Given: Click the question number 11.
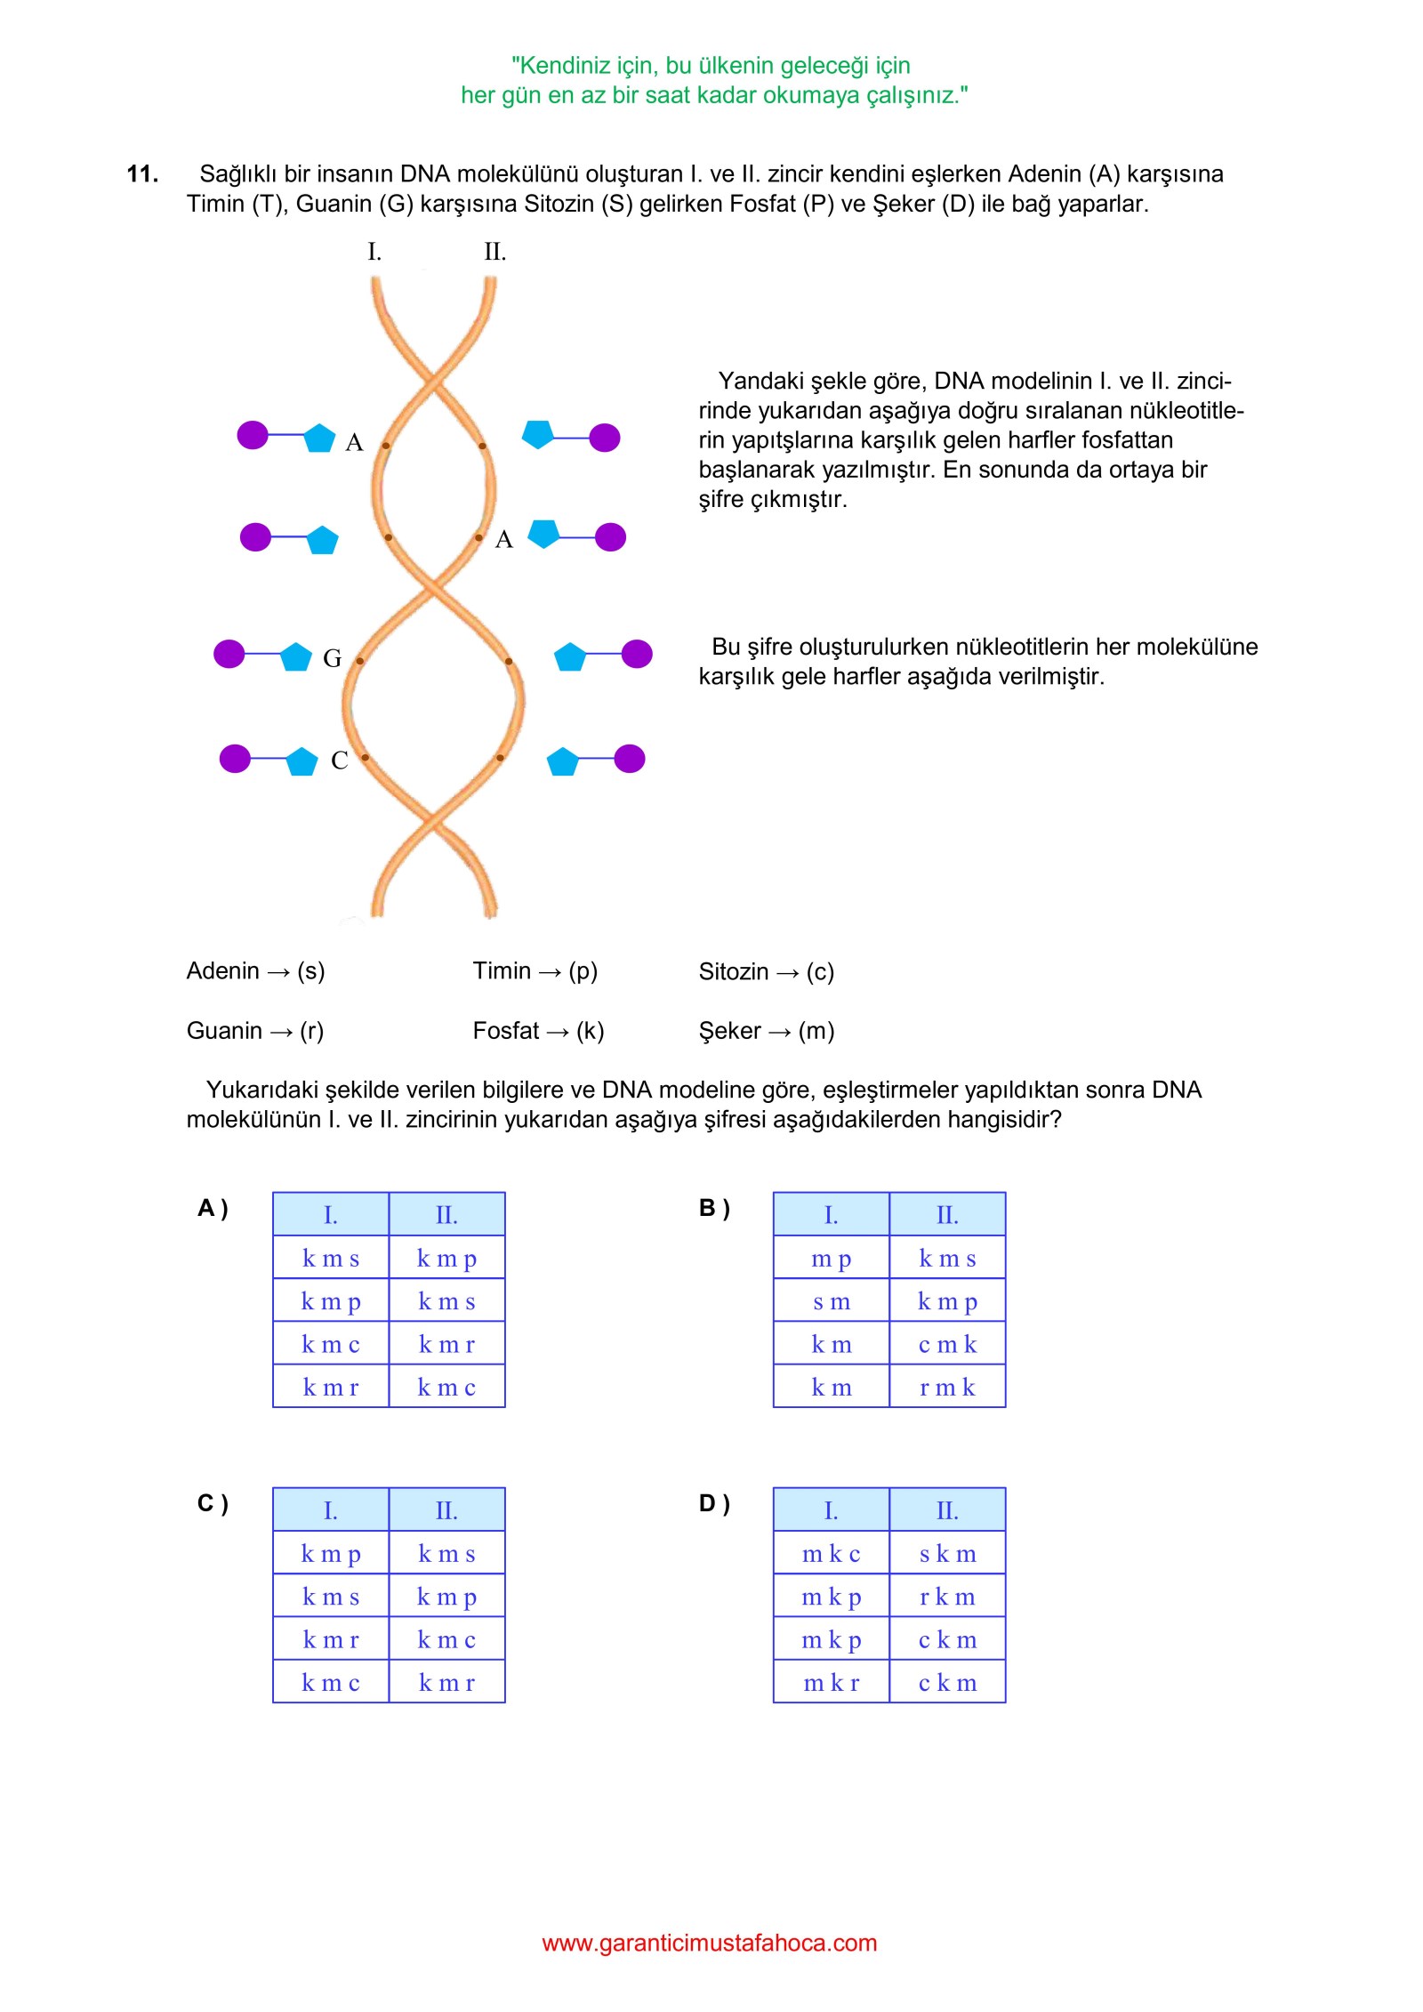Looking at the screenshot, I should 142,173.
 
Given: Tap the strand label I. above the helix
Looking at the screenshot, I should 374,253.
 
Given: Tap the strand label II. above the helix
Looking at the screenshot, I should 494,253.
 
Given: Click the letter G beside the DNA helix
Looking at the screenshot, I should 332,658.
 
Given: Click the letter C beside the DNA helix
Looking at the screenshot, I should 339,761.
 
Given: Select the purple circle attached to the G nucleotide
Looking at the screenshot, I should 229,654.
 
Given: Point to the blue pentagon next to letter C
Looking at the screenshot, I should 301,761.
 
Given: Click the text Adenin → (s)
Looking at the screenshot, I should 255,970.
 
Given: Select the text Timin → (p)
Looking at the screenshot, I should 535,970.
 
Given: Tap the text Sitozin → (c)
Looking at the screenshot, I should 766,971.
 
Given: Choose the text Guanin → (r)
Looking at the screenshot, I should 254,1030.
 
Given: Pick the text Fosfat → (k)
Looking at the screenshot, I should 538,1030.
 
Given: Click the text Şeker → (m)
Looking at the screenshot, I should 766,1030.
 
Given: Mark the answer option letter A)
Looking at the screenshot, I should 213,1208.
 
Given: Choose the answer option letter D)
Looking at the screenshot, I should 714,1503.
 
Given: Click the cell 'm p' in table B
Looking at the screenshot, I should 831,1259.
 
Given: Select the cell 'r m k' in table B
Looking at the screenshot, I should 947,1387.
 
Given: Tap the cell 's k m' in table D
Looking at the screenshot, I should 947,1554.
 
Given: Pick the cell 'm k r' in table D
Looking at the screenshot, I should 831,1682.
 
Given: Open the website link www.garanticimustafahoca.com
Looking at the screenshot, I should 709,1943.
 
